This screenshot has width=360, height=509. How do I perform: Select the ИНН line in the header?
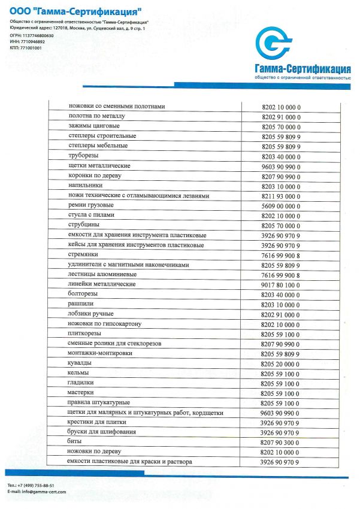27,42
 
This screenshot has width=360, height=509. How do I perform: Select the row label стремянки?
83,255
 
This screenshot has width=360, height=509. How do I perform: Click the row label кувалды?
80,363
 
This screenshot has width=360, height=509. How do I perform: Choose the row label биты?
75,441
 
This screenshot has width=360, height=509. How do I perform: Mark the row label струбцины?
83,225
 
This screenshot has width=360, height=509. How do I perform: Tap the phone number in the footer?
35,485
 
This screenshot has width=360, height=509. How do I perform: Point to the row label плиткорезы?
84,333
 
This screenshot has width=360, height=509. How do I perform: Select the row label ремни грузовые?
92,205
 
